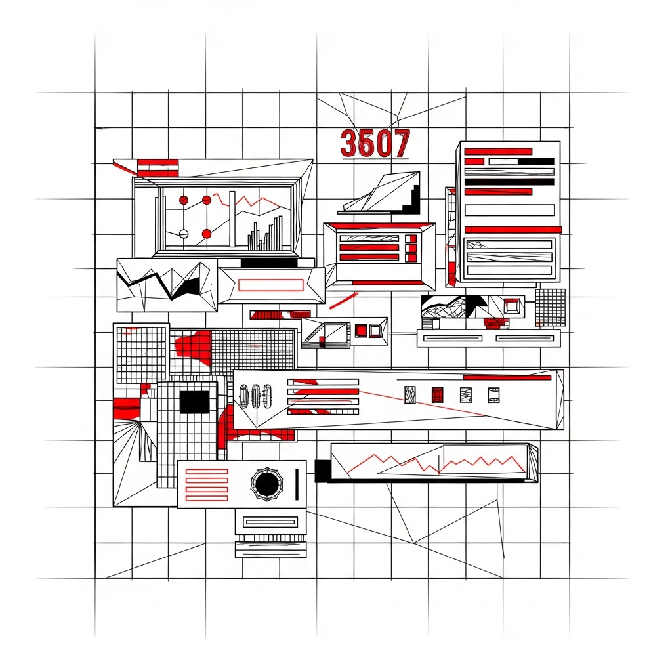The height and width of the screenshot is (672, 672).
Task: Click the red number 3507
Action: click(x=375, y=144)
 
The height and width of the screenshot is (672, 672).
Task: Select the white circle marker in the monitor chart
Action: click(x=184, y=234)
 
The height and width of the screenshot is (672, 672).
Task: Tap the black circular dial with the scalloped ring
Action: click(x=266, y=484)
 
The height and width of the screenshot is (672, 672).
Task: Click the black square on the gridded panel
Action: click(x=194, y=402)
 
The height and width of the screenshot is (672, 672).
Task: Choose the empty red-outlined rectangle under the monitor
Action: click(x=270, y=285)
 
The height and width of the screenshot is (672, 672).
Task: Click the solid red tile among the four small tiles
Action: click(x=437, y=394)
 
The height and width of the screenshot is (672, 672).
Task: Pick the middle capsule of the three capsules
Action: click(x=256, y=396)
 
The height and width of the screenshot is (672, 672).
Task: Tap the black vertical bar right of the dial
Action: click(x=297, y=484)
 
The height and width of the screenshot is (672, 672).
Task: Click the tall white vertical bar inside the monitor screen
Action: click(x=232, y=219)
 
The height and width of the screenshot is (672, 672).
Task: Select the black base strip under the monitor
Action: click(x=270, y=262)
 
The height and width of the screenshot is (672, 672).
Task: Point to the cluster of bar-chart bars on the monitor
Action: click(x=265, y=234)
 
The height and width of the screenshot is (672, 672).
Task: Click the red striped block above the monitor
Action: click(x=157, y=167)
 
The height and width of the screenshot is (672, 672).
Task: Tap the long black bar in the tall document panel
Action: click(x=509, y=182)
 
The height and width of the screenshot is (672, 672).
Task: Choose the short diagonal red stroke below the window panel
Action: click(x=343, y=301)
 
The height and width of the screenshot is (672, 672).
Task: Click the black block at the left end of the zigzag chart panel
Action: click(x=323, y=471)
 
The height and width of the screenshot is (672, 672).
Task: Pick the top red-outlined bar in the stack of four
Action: click(x=207, y=472)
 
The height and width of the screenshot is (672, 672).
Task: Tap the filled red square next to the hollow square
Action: click(x=361, y=331)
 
